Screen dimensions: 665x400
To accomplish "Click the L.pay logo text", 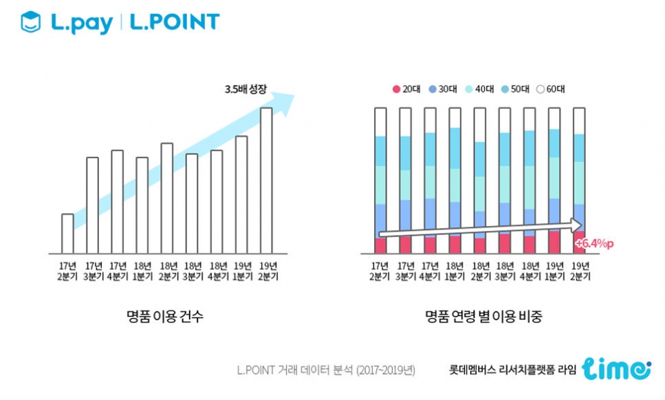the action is click(82, 23).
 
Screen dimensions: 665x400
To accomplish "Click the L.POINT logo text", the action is click(175, 22).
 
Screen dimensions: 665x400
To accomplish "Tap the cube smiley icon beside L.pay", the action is click(30, 21).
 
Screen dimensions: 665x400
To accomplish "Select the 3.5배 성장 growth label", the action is click(245, 89).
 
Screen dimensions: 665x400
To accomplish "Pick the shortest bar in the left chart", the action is click(67, 234).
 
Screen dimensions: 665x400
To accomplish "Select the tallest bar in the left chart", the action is click(266, 180).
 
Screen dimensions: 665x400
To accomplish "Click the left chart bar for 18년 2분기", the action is click(167, 198).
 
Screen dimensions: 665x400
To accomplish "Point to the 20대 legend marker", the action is click(396, 89).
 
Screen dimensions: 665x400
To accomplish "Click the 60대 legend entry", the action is click(551, 89).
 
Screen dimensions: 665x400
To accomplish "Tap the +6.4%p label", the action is click(594, 243).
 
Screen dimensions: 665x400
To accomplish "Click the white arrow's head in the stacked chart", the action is click(576, 225).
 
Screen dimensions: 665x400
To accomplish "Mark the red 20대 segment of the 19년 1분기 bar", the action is click(554, 242).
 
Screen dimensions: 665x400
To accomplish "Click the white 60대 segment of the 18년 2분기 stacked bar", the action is click(479, 125).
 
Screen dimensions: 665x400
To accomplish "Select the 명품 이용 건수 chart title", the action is click(165, 316).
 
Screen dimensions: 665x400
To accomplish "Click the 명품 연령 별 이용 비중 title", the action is click(484, 316).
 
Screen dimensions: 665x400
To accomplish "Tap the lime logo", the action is click(617, 369).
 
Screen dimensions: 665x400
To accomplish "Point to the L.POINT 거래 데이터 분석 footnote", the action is click(326, 370).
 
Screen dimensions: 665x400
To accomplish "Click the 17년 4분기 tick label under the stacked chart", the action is click(429, 271).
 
